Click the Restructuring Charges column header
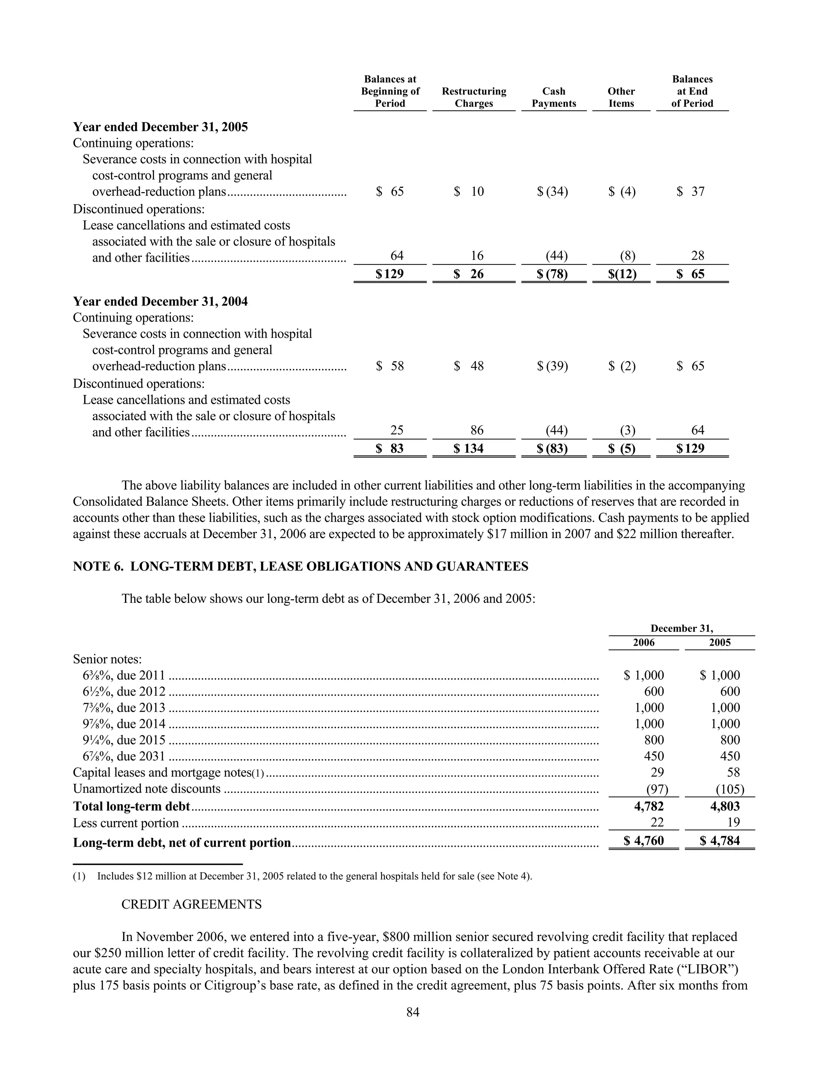click(x=473, y=97)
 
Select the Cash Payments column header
click(x=554, y=97)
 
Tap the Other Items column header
click(x=621, y=97)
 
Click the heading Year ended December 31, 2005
click(x=160, y=127)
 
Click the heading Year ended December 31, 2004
click(x=160, y=302)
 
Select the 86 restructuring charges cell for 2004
click(x=477, y=430)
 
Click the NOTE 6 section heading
click(x=300, y=566)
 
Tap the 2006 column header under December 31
click(x=643, y=642)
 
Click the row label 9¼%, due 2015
click(x=124, y=740)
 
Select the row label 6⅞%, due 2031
click(x=124, y=756)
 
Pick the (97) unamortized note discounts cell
click(x=657, y=789)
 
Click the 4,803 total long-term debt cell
click(x=725, y=806)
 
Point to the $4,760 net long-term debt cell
click(x=645, y=841)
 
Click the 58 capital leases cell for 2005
click(x=733, y=772)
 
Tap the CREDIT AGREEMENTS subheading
click(x=191, y=904)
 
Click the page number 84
click(x=413, y=1012)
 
